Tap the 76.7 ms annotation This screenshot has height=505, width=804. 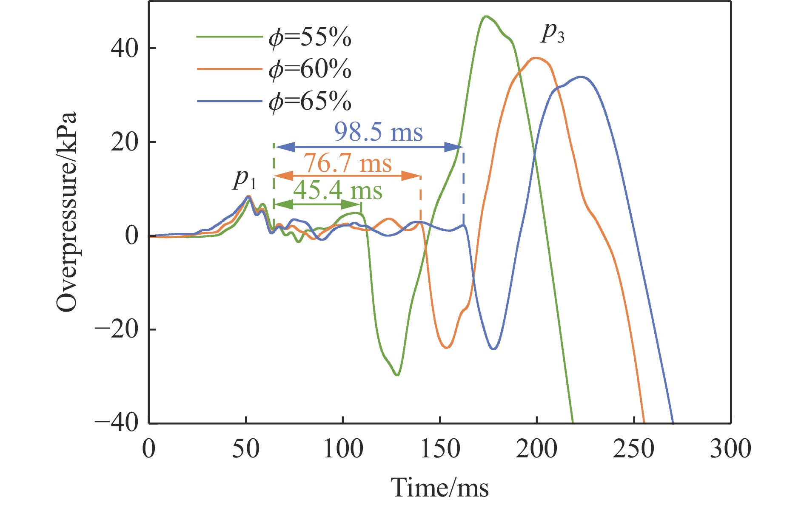click(348, 163)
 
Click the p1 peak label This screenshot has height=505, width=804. click(245, 179)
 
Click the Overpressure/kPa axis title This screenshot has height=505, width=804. click(67, 213)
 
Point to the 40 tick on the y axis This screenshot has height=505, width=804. click(125, 48)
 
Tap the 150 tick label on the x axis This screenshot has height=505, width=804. click(440, 449)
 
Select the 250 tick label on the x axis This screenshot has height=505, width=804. click(634, 449)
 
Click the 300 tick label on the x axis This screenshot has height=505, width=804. click(730, 449)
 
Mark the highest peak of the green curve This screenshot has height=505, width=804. click(485, 17)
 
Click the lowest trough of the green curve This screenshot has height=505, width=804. click(397, 375)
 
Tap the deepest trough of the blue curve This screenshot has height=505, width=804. click(493, 349)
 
